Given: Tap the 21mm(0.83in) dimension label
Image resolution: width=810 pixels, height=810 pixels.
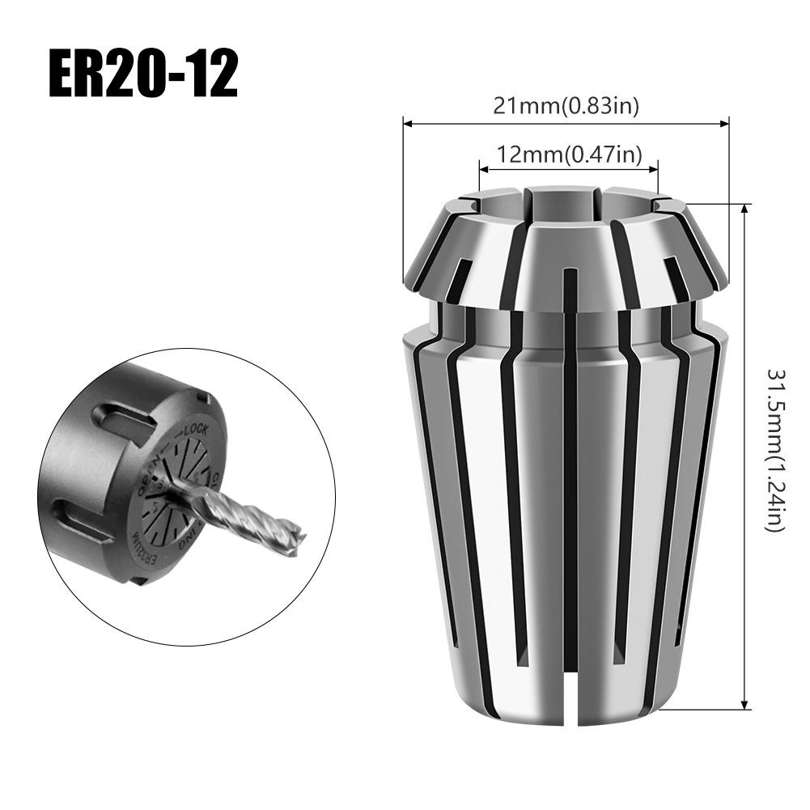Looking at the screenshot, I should point(565,106).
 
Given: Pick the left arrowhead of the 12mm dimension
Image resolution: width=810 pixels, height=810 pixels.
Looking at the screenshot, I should point(484,170).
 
